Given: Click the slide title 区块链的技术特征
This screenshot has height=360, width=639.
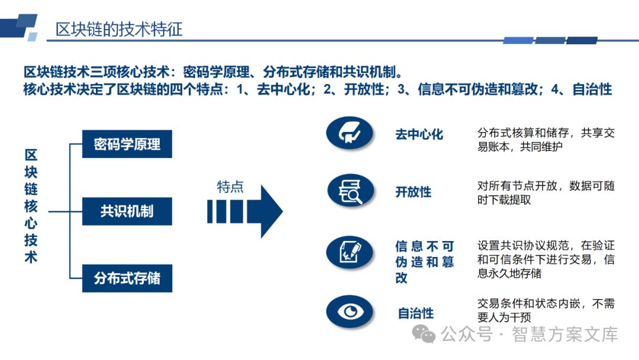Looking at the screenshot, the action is pos(119,28).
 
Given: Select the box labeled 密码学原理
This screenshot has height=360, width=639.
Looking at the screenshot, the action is pos(127,144).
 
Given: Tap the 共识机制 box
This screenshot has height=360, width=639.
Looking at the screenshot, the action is pos(127,211).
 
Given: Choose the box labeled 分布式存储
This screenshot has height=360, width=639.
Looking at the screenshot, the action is pos(127,278).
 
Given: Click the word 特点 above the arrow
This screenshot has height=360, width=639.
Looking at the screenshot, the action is pos(230,187).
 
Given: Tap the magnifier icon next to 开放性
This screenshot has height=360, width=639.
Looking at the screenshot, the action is pos(350,191).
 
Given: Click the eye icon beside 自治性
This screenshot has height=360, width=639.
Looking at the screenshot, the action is pos(350,311).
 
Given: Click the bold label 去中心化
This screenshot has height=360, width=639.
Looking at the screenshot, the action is pos(419,134).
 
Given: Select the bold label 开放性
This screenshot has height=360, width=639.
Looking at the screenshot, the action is pos(413,192).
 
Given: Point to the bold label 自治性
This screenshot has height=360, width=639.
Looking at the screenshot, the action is pos(415,313).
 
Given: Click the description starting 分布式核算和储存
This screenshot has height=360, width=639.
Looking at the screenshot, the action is pos(546,139).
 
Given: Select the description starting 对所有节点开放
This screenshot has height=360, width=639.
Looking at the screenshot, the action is pos(546,193).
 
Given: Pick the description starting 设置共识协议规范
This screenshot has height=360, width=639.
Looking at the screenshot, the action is pos(546,259).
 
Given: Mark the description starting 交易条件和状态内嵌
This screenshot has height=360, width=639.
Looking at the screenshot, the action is pos(546,310).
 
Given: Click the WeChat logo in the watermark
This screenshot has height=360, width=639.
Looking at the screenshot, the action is pos(424,334).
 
